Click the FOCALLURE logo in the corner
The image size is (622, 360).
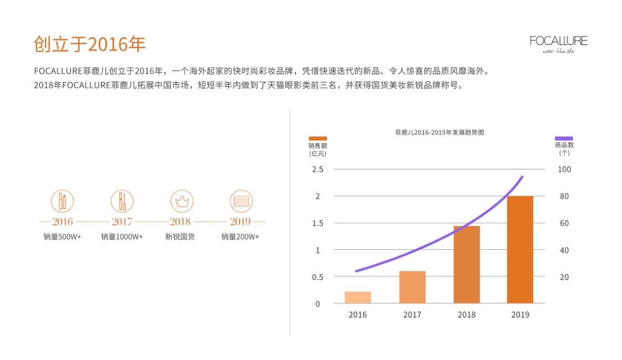pos(558,43)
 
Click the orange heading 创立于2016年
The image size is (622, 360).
pos(90,44)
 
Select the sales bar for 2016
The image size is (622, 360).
pos(357,297)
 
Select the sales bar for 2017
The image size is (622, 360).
pos(412,287)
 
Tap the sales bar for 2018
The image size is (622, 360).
pos(466,265)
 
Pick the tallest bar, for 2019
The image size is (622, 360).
pos(520,249)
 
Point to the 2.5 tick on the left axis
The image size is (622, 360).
pos(317,169)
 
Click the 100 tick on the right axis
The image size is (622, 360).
pos(564,169)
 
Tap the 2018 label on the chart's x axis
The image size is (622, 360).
pos(466,315)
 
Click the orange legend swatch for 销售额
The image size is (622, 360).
pos(318,138)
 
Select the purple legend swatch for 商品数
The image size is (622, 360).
pos(564,138)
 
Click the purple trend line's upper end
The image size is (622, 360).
pos(521,178)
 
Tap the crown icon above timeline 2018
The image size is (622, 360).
pos(180,201)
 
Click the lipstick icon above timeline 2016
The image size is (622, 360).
pos(63,201)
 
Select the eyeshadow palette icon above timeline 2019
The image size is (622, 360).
pos(241,201)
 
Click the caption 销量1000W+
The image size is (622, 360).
pos(122,237)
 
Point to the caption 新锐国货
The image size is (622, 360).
pos(180,237)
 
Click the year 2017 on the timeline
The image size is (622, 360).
pos(122,222)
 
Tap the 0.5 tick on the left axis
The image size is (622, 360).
pos(317,277)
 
